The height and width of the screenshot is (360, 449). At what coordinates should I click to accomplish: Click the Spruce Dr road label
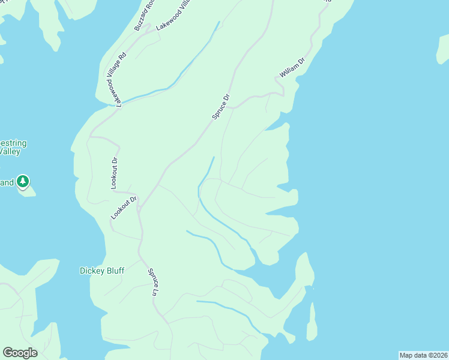221,106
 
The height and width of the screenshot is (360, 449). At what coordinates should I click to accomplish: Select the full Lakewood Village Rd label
117,79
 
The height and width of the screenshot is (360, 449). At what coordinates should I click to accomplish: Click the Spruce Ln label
153,282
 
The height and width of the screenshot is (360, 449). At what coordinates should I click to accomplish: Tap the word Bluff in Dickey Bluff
113,271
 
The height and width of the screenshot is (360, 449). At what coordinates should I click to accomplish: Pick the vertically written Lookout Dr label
114,173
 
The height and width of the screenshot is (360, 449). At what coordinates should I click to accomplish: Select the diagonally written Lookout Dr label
124,207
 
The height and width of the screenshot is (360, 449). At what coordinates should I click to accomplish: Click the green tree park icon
23,181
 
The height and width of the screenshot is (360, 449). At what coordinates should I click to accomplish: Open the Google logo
20,353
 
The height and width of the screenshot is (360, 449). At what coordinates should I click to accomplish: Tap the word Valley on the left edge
10,152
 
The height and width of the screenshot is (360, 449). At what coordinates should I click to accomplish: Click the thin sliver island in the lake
312,321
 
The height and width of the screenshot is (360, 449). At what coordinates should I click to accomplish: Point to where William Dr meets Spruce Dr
233,107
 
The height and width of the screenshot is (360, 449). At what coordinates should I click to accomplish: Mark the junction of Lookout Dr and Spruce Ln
139,208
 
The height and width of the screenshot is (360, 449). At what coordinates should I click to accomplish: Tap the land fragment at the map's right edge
443,50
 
